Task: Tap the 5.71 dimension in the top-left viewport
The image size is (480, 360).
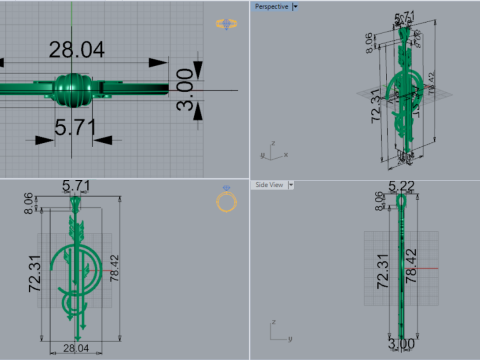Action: [73, 127]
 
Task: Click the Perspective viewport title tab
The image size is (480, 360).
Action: [271, 6]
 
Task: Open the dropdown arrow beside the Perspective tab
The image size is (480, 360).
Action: [296, 6]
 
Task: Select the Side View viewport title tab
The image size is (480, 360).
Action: [269, 185]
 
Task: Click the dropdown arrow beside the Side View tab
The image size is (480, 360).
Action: [294, 185]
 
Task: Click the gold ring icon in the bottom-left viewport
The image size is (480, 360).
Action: [227, 204]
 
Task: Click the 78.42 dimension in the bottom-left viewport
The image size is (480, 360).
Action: [119, 273]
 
